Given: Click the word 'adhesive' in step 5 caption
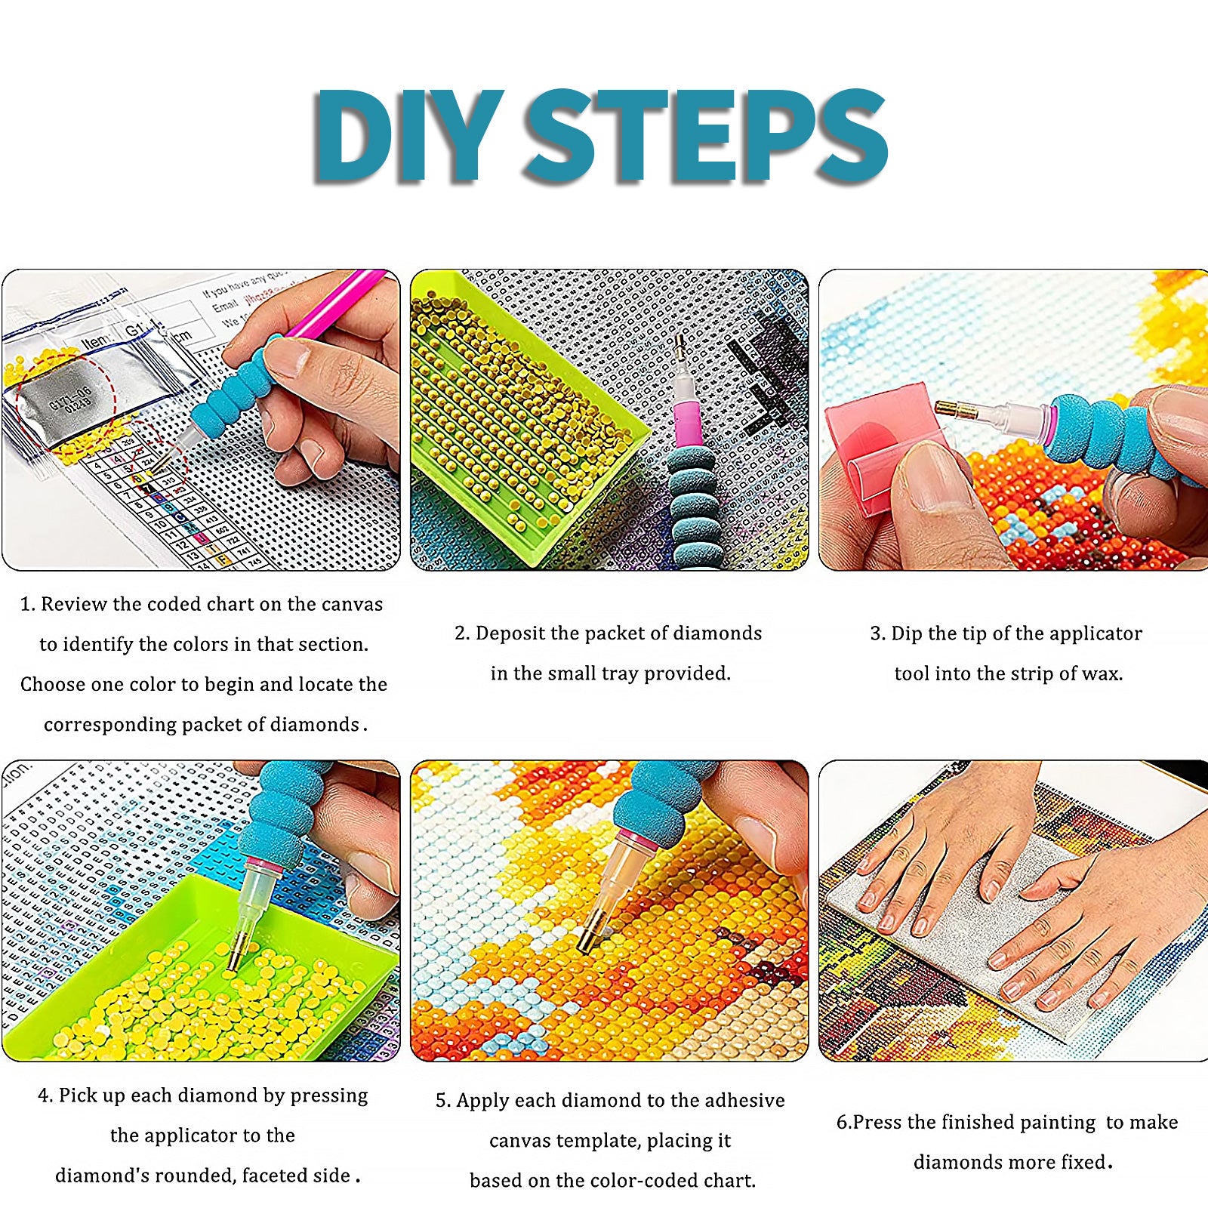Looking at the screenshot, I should tap(744, 1100).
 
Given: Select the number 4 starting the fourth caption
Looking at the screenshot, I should tap(43, 1096).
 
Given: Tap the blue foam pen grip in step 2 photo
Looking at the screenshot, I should tap(693, 506).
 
